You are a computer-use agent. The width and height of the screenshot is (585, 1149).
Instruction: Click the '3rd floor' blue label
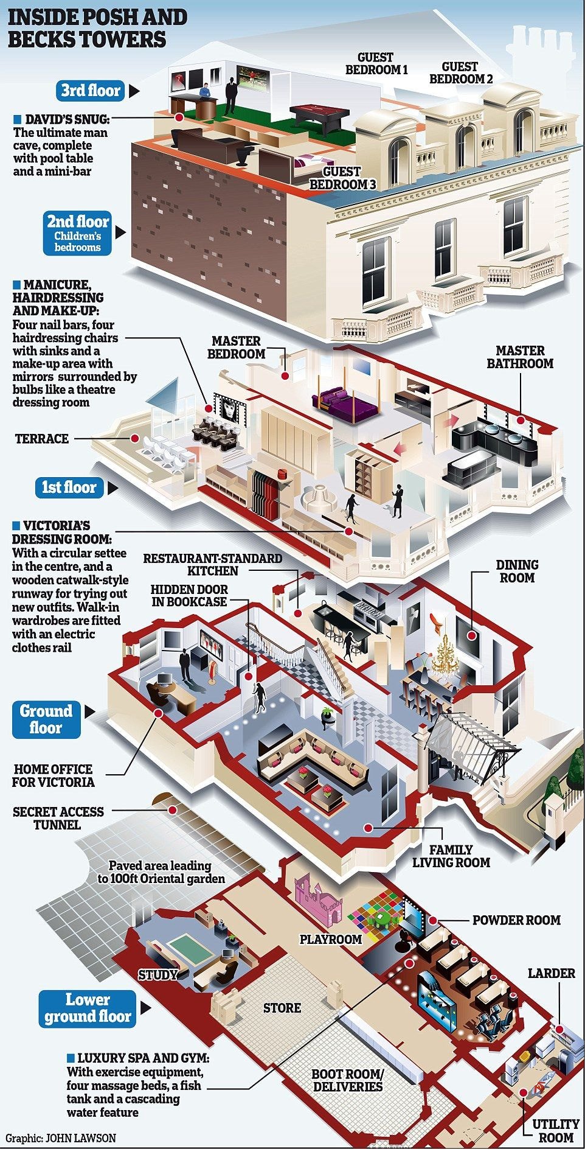(x=91, y=91)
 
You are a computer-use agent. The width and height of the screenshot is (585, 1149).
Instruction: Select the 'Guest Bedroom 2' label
(x=461, y=73)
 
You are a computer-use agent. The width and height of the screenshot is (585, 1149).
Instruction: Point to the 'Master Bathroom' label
(x=520, y=357)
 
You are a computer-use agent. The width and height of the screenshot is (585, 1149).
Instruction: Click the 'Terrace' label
(x=42, y=439)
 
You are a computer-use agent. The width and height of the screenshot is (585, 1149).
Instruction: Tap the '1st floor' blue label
(x=69, y=487)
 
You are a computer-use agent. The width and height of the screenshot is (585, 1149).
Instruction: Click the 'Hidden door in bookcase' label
(x=189, y=596)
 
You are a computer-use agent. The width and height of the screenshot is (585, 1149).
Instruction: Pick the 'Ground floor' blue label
(x=46, y=719)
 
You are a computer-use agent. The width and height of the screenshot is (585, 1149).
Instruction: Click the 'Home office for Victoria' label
(x=54, y=776)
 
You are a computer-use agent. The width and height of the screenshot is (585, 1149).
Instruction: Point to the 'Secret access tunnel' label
(x=58, y=819)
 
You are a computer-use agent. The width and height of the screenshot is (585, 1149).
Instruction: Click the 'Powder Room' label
(x=516, y=920)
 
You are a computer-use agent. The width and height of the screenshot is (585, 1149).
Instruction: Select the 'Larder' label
(x=551, y=973)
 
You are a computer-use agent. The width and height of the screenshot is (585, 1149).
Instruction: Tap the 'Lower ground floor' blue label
(x=88, y=1008)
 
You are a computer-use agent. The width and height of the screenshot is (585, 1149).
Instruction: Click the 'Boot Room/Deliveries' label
(x=348, y=1080)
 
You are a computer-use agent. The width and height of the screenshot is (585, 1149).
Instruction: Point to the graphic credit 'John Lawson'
(x=61, y=1137)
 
